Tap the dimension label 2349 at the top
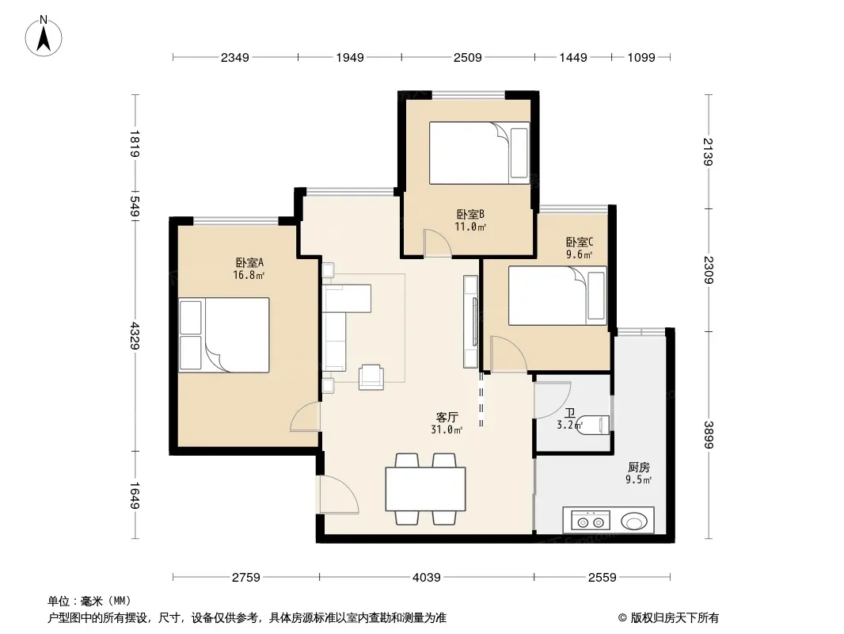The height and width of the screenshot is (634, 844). coord(234,57)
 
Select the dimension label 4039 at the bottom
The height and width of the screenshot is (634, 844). coord(426,578)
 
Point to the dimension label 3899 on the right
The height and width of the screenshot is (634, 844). coord(708,435)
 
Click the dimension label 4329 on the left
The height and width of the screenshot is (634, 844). coord(135,335)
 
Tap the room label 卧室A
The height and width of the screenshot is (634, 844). coord(249,263)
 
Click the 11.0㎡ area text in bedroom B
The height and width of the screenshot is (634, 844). coord(470,227)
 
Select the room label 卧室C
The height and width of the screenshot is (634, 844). coord(580,242)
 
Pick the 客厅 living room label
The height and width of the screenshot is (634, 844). coord(447,417)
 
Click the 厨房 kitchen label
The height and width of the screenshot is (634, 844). coord(638,467)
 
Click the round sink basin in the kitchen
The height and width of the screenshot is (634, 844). coord(635,521)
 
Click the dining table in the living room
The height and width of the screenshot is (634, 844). coord(425,488)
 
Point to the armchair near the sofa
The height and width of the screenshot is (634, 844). coord(371,377)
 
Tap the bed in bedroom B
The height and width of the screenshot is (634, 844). coord(479,153)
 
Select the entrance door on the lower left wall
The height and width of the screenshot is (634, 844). coord(338,495)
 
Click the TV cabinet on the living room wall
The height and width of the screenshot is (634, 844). coord(470,322)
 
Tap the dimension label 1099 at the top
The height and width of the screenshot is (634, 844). coord(641,57)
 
